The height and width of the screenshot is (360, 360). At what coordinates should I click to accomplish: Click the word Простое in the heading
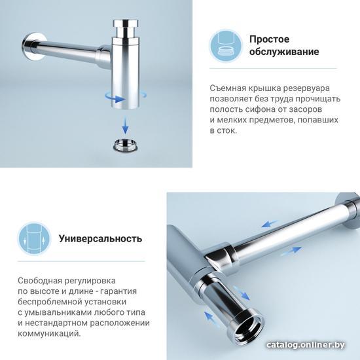click(269, 39)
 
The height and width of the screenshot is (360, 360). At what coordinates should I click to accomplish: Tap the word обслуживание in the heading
click(284, 52)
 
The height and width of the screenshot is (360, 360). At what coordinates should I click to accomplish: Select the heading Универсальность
click(101, 239)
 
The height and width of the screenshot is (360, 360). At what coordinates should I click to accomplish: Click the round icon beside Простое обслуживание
click(226, 46)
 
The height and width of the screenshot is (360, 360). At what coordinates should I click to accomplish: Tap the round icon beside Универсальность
click(35, 238)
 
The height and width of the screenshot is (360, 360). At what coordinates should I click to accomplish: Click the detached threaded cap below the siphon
click(126, 145)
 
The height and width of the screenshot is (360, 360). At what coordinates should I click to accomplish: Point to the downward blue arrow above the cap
click(125, 125)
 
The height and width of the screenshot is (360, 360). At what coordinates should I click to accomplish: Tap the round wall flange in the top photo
click(35, 46)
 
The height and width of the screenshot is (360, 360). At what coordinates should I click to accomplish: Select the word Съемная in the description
click(225, 88)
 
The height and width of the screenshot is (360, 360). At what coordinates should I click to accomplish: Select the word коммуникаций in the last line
click(49, 334)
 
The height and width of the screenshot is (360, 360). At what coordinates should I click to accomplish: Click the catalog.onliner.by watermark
click(306, 345)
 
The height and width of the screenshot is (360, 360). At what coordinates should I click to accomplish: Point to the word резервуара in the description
click(306, 88)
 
